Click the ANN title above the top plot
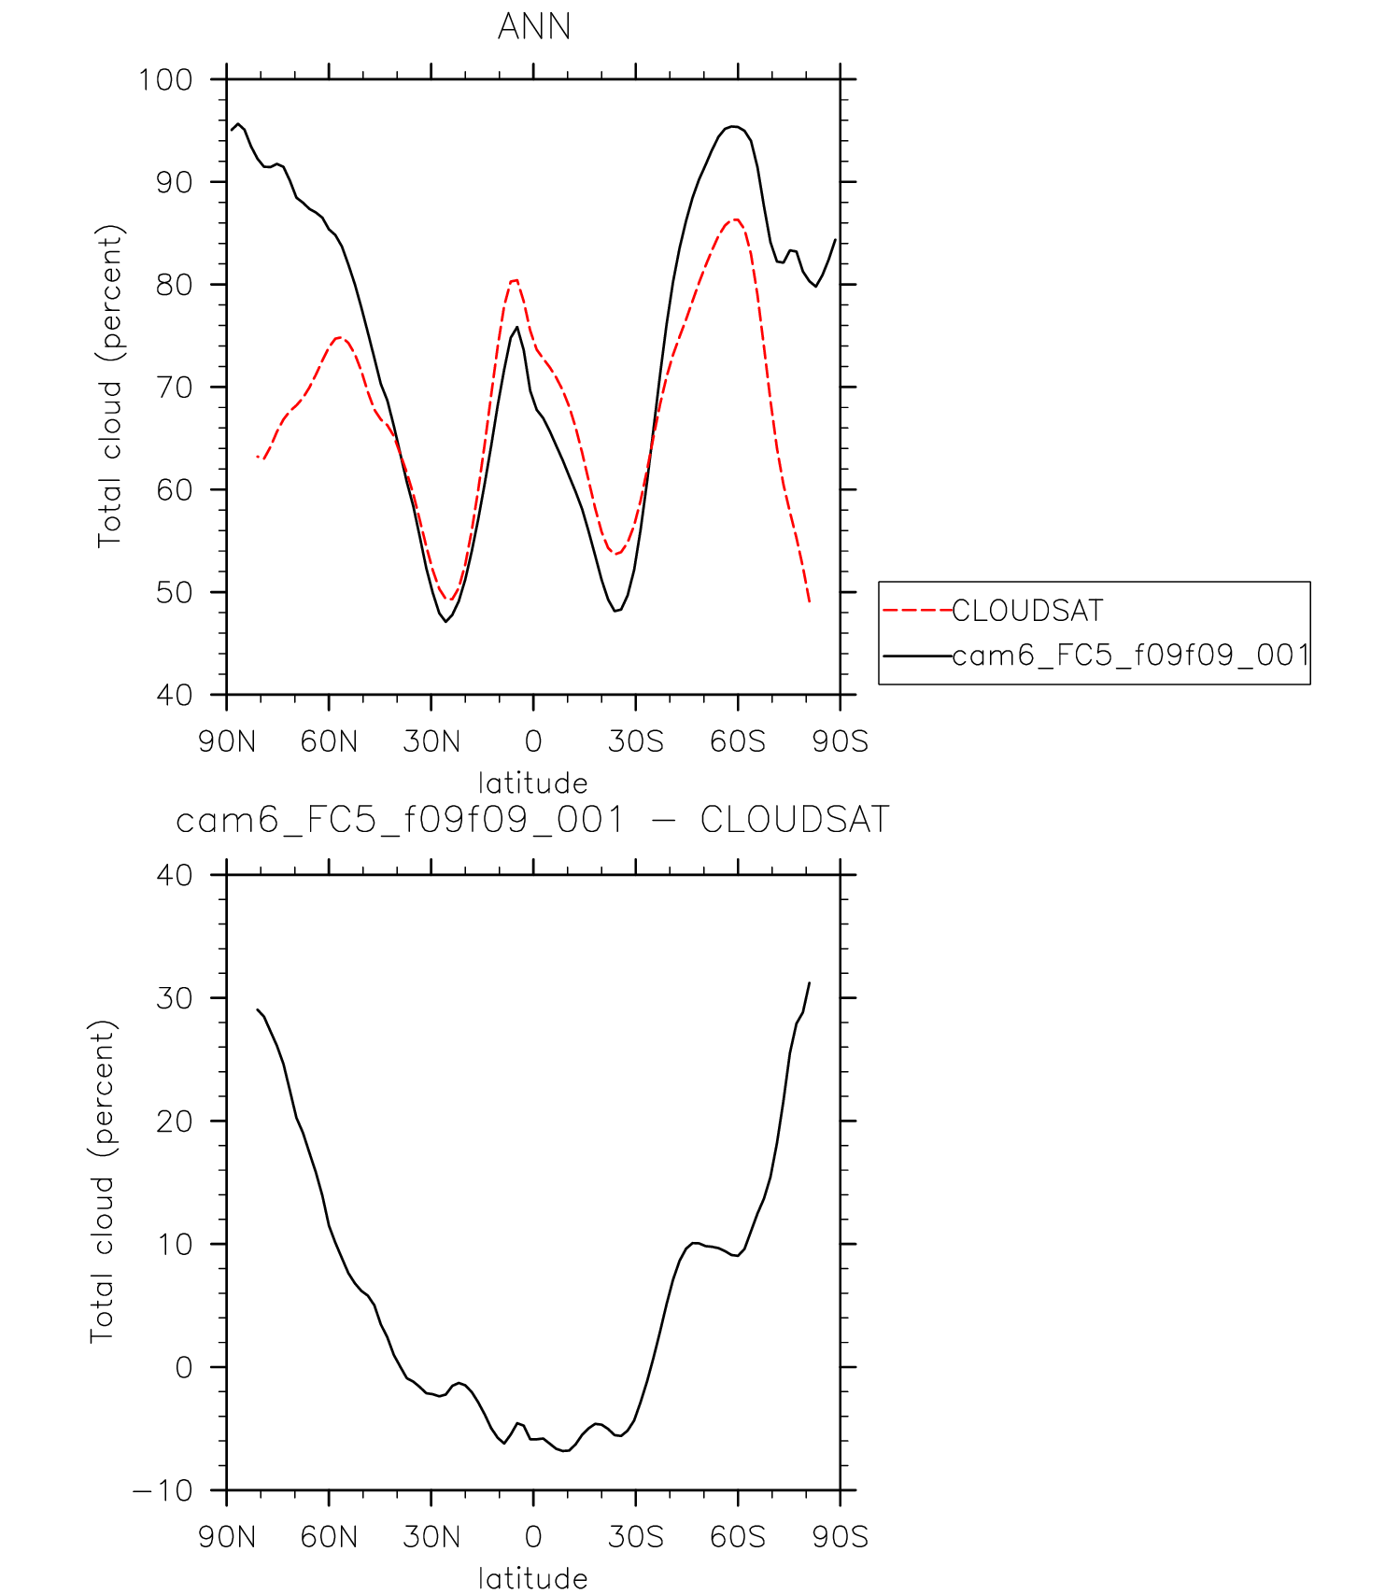(x=533, y=26)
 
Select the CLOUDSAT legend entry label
(x=1027, y=611)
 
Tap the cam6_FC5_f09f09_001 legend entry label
(x=1130, y=656)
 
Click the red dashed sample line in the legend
(x=916, y=611)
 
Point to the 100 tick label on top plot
(x=165, y=80)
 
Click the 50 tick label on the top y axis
(x=174, y=593)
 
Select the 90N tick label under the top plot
(x=227, y=741)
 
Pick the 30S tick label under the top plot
(x=635, y=741)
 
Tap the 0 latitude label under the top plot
(x=533, y=741)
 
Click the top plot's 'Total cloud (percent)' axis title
(x=110, y=386)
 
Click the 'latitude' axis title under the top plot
(x=533, y=783)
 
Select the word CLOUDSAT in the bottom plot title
(x=795, y=821)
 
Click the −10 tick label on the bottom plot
(x=163, y=1491)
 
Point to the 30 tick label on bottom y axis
(x=174, y=998)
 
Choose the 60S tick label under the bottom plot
(x=738, y=1537)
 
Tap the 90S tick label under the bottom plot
(x=840, y=1537)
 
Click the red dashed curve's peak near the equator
(x=514, y=280)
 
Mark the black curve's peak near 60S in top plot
(x=734, y=126)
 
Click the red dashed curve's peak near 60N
(x=339, y=338)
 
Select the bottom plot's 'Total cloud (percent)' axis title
(x=103, y=1181)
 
